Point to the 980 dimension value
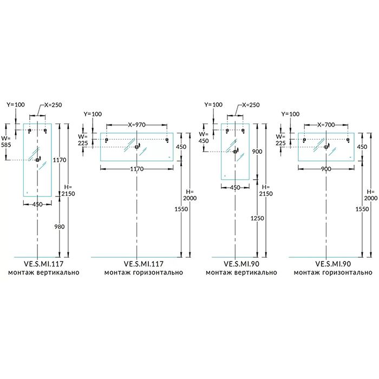59,227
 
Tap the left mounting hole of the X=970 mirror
107,141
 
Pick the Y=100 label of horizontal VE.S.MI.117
93,114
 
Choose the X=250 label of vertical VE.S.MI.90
251,104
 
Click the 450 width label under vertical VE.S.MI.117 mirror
37,204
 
